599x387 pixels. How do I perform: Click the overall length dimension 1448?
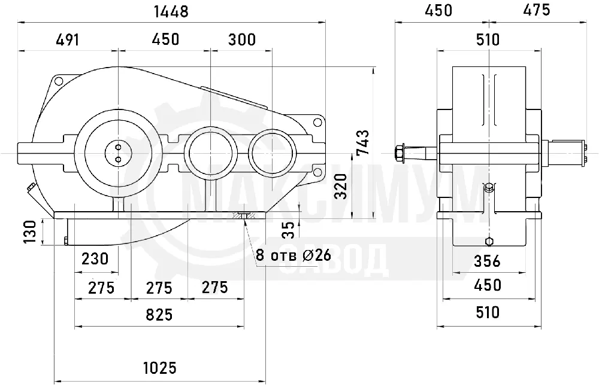pos(171,11)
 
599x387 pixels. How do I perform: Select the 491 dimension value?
pos(68,39)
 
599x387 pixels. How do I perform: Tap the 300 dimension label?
pos(242,39)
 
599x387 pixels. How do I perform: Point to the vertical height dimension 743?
pos(363,142)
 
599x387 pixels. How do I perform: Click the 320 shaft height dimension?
pos(341,186)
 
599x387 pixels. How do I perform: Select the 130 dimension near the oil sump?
pos(30,231)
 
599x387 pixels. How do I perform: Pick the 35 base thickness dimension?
pos(291,230)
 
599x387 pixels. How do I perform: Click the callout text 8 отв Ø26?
pos(294,255)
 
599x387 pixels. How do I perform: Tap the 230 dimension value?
pos(95,259)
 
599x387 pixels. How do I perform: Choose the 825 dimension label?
pos(159,315)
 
